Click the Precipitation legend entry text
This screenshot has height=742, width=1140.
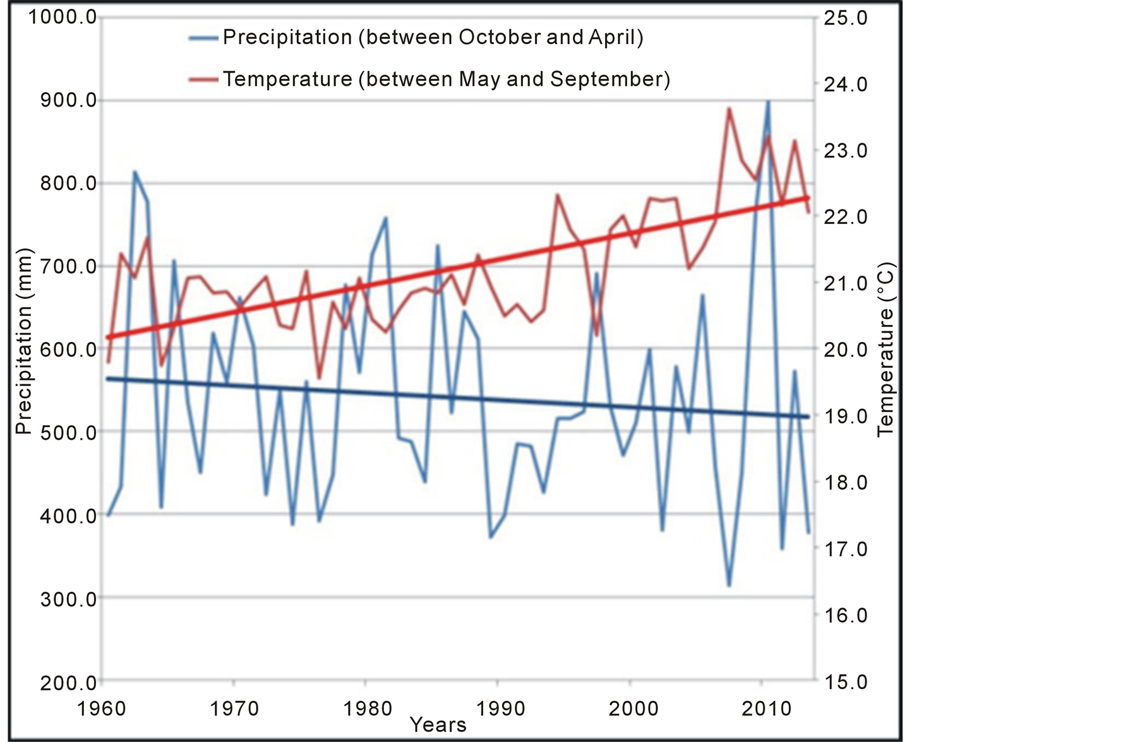(433, 37)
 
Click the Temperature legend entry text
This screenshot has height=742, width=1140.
(446, 79)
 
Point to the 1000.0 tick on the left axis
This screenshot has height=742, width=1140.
(62, 17)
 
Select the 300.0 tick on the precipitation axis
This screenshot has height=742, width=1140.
(68, 598)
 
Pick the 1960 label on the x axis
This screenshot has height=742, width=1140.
(102, 709)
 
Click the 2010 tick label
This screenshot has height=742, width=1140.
(766, 709)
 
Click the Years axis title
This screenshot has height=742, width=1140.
(438, 725)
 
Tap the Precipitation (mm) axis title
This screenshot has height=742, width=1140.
(23, 341)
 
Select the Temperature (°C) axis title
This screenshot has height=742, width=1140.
(885, 349)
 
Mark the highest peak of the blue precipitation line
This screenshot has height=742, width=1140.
(768, 101)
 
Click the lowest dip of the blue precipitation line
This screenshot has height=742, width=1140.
(729, 586)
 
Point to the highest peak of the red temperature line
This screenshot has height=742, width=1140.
(729, 109)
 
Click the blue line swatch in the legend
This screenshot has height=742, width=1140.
(203, 38)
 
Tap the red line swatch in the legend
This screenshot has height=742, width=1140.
(203, 79)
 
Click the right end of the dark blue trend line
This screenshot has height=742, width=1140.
(808, 416)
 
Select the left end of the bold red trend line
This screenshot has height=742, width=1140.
(108, 338)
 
